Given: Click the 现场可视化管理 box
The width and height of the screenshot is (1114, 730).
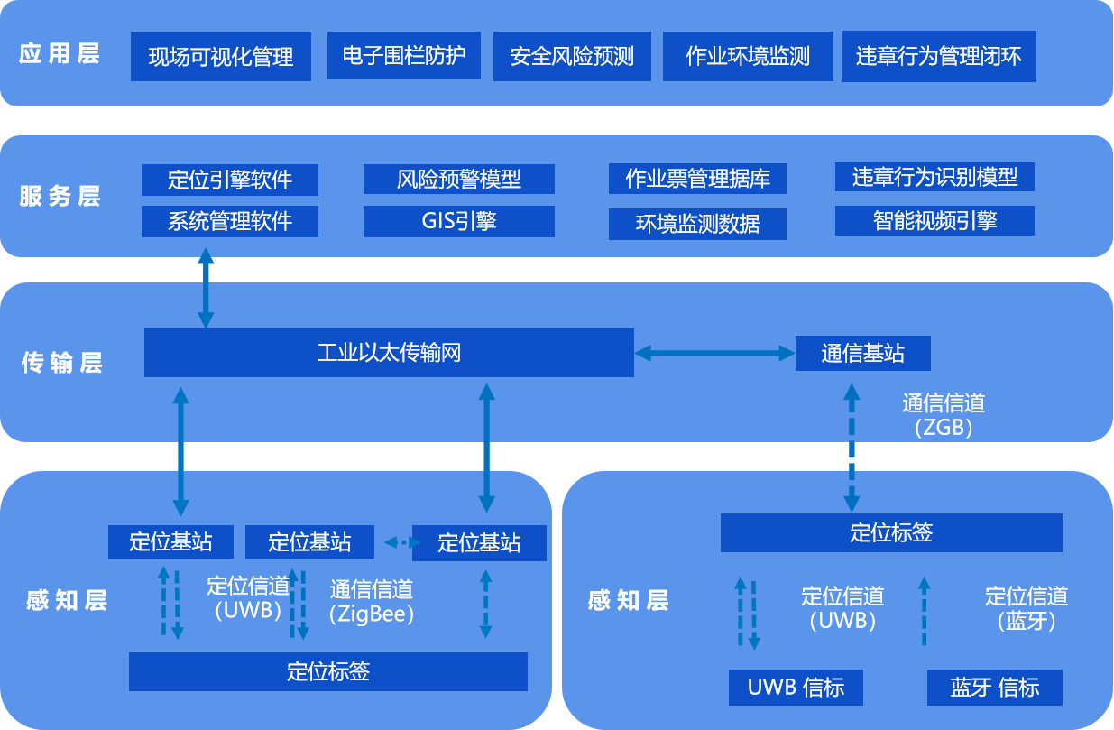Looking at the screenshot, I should click(x=221, y=57).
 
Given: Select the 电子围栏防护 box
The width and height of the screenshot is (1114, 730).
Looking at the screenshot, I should click(x=404, y=56).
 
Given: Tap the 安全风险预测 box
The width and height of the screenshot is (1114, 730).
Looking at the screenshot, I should click(x=572, y=57).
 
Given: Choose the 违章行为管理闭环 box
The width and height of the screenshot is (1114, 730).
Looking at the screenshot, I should click(x=938, y=57).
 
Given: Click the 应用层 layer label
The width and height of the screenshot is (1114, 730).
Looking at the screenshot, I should click(x=60, y=53).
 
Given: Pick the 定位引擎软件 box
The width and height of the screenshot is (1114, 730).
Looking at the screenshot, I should click(x=230, y=180).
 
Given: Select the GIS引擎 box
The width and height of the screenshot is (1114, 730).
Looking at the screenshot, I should click(x=459, y=221).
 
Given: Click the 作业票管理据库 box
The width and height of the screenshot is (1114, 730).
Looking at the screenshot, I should click(x=697, y=179).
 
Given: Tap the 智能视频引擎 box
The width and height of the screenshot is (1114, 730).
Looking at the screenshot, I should click(x=934, y=220).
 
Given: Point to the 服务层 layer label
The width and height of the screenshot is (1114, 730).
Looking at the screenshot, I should click(x=60, y=197).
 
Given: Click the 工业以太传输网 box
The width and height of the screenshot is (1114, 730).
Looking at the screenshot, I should click(x=389, y=352).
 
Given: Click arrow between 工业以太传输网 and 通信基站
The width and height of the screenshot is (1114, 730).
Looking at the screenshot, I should click(x=714, y=353).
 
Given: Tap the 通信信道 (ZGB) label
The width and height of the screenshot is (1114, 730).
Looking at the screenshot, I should click(x=944, y=415).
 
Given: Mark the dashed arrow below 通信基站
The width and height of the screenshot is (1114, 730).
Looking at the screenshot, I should click(x=851, y=446).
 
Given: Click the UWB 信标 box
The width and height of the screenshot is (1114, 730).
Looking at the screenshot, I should click(x=796, y=688).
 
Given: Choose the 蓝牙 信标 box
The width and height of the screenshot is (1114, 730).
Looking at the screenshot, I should click(x=994, y=688).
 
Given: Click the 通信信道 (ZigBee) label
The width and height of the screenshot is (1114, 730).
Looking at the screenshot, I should click(x=372, y=602).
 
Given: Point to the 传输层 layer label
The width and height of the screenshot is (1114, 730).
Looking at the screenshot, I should click(x=61, y=363).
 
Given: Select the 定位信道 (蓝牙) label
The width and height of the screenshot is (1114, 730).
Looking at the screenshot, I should click(x=1027, y=607).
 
